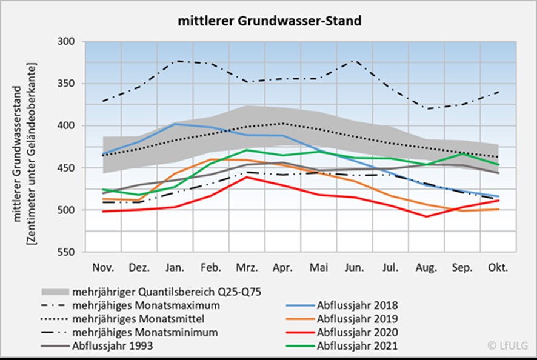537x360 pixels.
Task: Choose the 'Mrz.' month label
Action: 247,267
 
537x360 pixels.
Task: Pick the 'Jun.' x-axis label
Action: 355,267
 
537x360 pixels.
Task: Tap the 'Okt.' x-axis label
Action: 498,267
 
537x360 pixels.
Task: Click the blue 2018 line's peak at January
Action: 175,124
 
